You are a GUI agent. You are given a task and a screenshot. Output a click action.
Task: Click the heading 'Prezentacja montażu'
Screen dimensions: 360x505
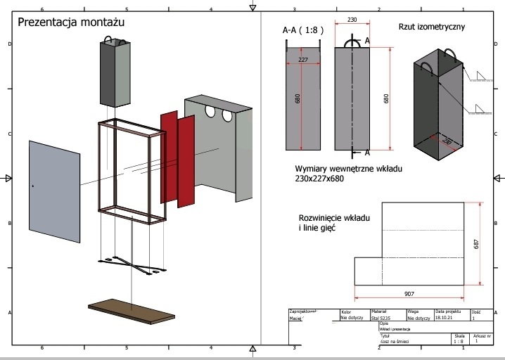pos(70,22)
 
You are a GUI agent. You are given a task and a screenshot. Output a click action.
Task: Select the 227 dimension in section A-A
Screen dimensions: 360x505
pos(302,60)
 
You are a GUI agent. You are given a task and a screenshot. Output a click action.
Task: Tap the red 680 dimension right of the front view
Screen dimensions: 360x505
pos(386,99)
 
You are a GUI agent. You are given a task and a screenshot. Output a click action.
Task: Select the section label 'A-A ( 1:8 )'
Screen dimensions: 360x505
pos(303,30)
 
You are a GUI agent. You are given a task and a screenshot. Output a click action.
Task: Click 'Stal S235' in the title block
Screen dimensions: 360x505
pos(381,318)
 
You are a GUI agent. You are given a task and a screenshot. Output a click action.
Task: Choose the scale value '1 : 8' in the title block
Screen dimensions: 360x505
pos(461,341)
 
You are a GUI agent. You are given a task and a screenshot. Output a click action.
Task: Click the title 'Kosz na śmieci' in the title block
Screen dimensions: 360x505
pos(394,341)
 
